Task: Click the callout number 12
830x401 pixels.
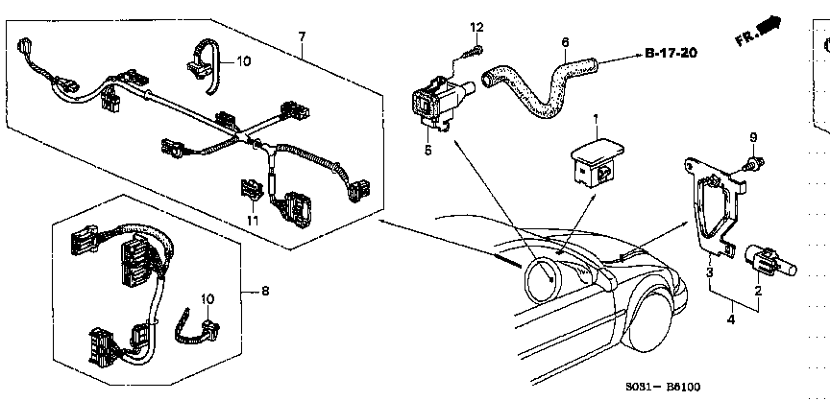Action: [476, 27]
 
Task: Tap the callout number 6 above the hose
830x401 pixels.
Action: [565, 42]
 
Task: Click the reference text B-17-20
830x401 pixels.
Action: [671, 53]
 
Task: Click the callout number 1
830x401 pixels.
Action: [595, 120]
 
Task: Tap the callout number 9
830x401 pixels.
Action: [753, 137]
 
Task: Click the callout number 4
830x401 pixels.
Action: [731, 319]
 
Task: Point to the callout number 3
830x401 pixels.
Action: [709, 272]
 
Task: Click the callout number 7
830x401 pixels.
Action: [302, 36]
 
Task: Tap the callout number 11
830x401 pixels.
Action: [253, 221]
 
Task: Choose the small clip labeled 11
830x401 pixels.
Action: [251, 191]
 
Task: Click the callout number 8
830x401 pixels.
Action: [264, 291]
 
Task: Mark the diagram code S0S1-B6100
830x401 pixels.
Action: [662, 388]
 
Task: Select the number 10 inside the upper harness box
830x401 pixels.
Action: [243, 61]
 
